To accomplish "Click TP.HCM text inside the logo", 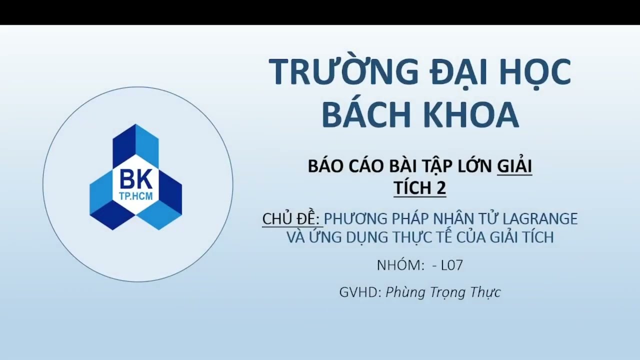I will pos(136,196).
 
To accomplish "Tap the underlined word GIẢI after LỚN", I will pos(514,166).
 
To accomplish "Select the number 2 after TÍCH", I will pos(440,187).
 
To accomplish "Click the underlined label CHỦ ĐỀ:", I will pos(291,218).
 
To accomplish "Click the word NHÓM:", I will pos(400,265).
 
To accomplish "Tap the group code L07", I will pos(452,265).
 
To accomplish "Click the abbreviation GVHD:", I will pos(360,292).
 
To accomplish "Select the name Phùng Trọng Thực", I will pos(443,292).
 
